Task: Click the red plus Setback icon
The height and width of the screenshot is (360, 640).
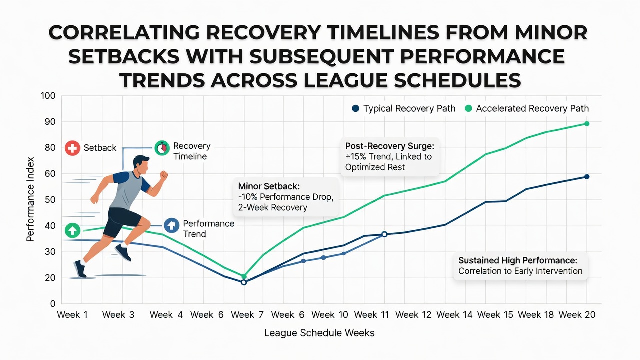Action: point(72,148)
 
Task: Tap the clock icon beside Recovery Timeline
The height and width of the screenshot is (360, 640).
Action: point(162,148)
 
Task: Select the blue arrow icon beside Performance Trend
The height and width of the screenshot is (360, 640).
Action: point(171,225)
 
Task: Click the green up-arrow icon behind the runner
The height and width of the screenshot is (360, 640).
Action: point(72,230)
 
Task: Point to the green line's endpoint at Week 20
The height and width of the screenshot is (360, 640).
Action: point(587,124)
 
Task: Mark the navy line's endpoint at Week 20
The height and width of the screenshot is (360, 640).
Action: point(587,177)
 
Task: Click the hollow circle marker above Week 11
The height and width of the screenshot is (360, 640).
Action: point(384,234)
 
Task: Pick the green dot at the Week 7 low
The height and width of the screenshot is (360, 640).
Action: point(244,276)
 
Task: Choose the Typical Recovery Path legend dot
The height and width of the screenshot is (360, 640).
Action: point(355,108)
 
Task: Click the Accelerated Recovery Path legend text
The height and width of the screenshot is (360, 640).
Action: point(532,108)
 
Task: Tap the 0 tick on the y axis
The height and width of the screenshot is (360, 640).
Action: point(53,304)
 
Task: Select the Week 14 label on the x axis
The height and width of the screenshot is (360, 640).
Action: point(454,315)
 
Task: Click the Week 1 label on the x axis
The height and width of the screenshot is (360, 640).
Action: point(72,315)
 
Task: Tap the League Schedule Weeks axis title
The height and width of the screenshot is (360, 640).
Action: point(319,333)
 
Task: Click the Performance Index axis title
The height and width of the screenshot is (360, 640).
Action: point(30,199)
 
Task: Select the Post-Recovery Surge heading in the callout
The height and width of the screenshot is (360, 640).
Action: point(390,146)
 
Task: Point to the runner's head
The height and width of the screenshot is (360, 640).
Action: point(141,165)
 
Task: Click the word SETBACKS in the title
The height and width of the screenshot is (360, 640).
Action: point(124,56)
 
